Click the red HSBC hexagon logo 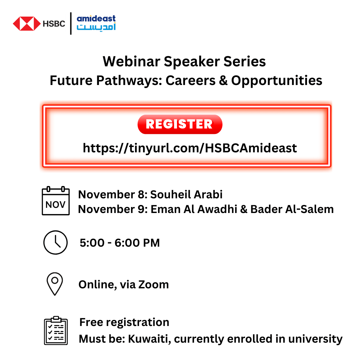26,23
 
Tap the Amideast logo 96,23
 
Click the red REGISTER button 180,124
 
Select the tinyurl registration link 190,148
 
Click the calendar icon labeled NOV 56,201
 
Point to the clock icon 55,242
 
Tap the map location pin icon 55,284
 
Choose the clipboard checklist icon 56,331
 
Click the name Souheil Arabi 186,194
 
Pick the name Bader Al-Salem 292,209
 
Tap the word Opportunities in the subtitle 277,80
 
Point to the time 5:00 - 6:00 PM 120,243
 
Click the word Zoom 154,284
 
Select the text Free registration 124,322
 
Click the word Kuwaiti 149,339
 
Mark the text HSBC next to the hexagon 54,24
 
